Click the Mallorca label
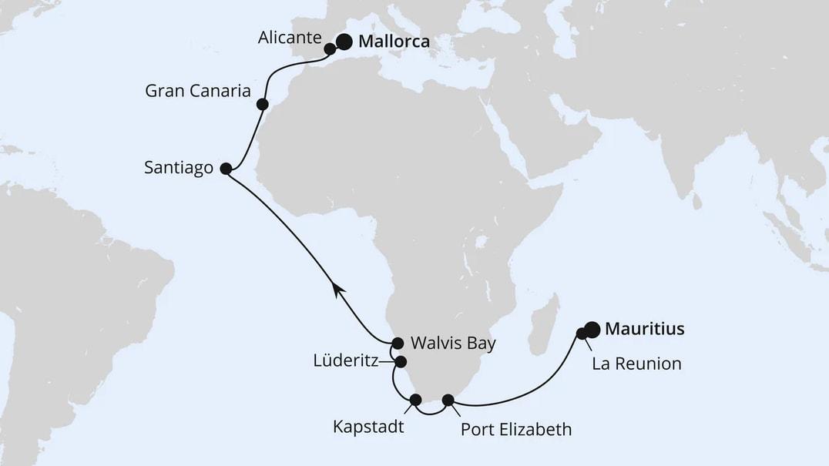coord(394,43)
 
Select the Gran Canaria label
coord(198,91)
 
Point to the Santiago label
coord(178,168)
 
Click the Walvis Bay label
coord(452,343)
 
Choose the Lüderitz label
coord(345,360)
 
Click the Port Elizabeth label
coord(515,429)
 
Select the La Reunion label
coord(636,364)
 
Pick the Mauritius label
coord(645,330)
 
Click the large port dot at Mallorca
coord(343,42)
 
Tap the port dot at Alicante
coord(330,49)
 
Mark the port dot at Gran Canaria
coord(262,104)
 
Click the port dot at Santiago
coord(226,168)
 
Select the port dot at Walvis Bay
coord(398,343)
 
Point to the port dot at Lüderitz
coord(401,361)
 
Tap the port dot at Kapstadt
coord(416,399)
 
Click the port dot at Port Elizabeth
coord(448,400)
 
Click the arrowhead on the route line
coord(337,287)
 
